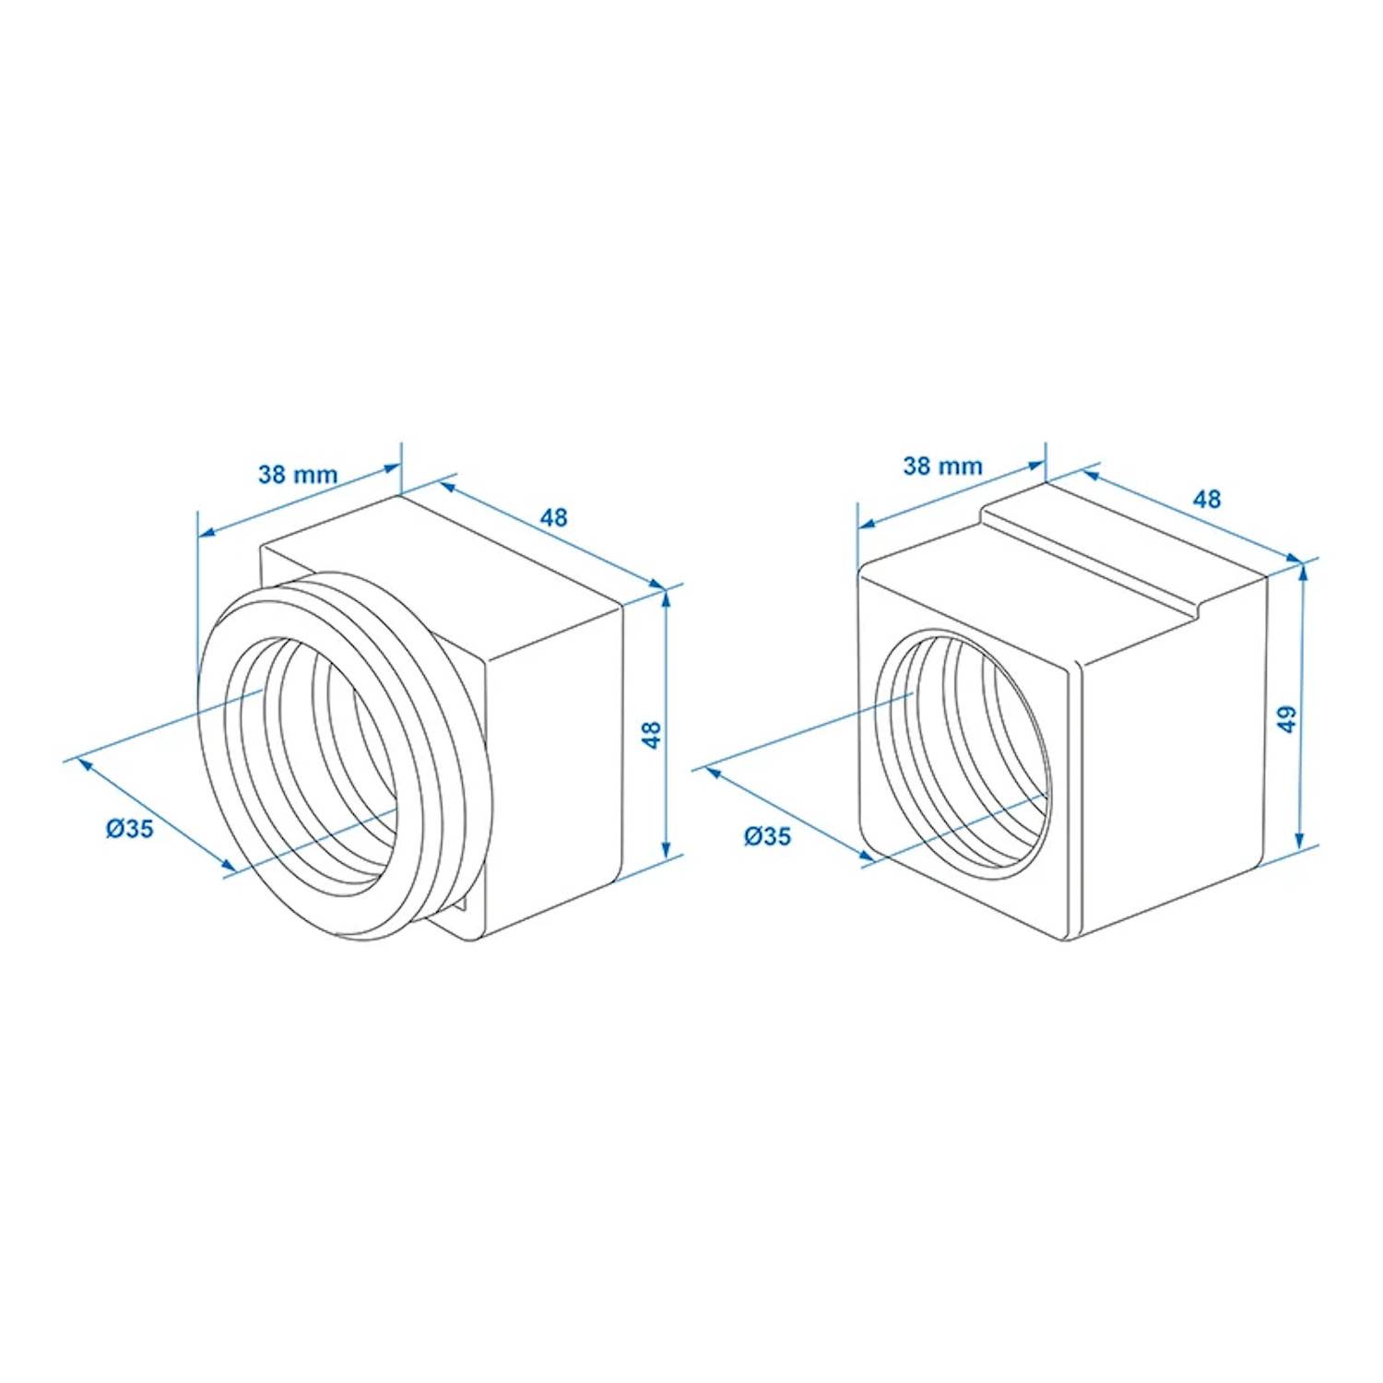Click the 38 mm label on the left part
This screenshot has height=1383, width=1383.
click(297, 475)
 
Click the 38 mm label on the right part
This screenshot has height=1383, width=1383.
click(942, 466)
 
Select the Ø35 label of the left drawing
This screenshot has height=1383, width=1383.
click(129, 829)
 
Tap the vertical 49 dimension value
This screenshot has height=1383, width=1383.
click(1288, 718)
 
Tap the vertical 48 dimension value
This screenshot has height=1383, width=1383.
click(652, 735)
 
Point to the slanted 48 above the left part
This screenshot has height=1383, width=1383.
click(553, 517)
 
